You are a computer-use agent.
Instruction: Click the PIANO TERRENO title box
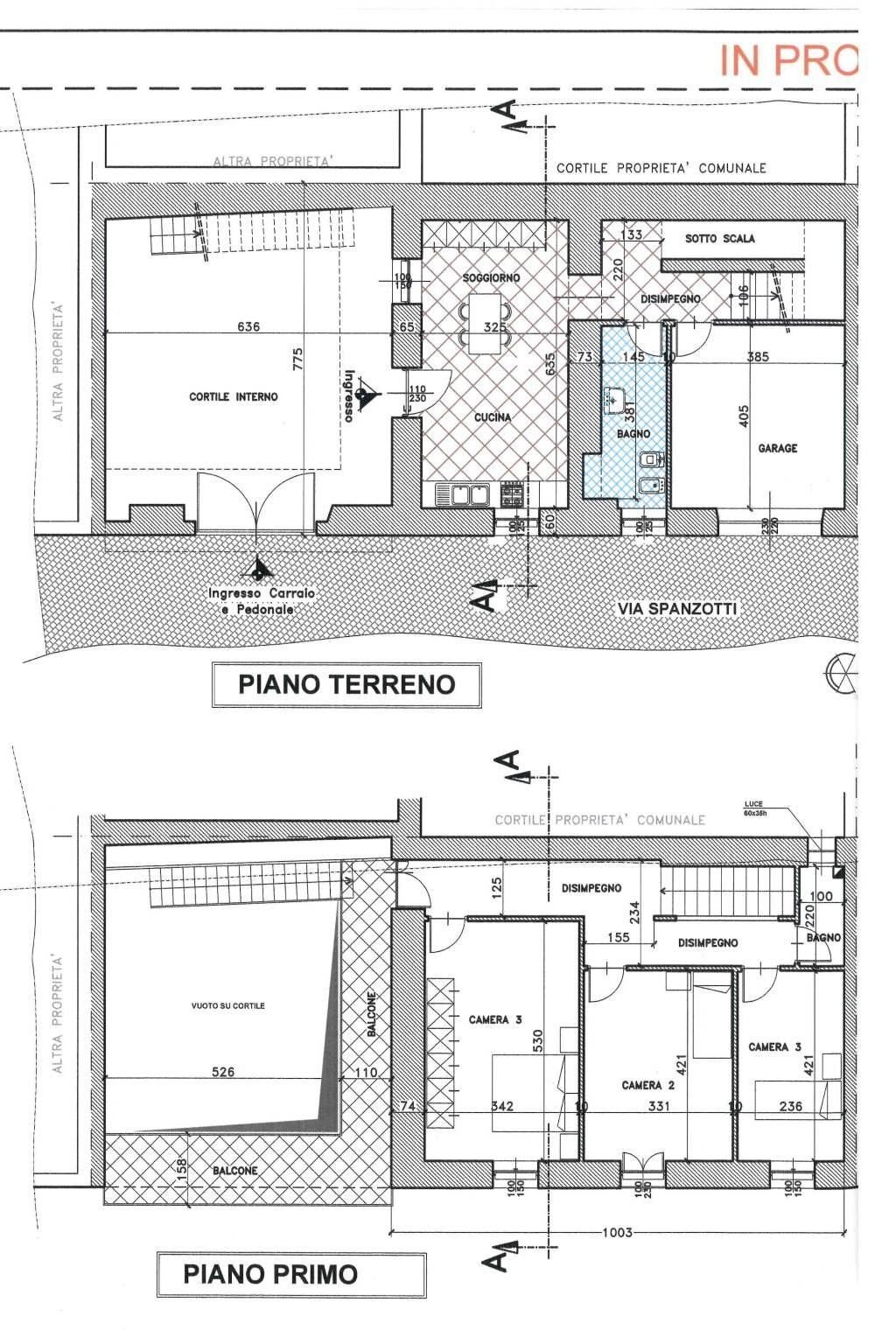tap(346, 684)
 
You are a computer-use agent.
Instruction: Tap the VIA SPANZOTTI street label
tap(677, 608)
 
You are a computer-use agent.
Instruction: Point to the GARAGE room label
tap(778, 448)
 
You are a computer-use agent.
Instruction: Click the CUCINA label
tap(493, 417)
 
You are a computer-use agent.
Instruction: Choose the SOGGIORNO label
tap(491, 277)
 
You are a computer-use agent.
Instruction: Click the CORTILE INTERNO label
tap(234, 396)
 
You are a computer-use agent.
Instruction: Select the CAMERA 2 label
tap(648, 1085)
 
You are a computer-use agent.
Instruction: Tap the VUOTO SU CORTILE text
tap(227, 1005)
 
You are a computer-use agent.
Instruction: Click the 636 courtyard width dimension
tap(248, 327)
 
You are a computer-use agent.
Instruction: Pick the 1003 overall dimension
tap(617, 1233)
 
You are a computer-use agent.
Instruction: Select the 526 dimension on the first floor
tap(223, 1072)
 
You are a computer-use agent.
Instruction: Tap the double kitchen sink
tap(463, 495)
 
